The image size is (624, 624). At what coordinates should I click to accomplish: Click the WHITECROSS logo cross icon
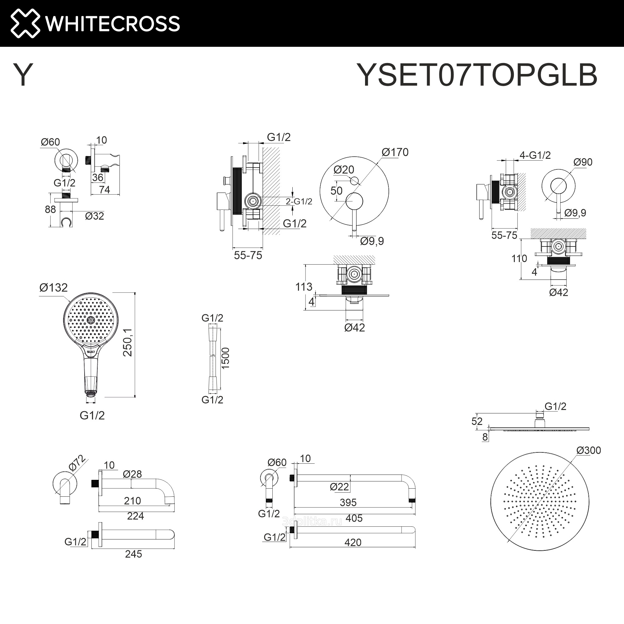click(x=25, y=23)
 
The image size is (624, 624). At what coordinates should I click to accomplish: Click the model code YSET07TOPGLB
click(x=477, y=75)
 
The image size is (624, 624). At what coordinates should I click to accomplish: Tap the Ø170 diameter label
click(x=395, y=152)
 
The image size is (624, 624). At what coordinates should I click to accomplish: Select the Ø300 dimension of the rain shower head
click(x=588, y=450)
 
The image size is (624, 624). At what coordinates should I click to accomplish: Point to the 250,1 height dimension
click(x=128, y=342)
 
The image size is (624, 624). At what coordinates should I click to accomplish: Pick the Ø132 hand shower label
click(x=53, y=287)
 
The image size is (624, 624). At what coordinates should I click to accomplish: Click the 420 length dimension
click(x=353, y=542)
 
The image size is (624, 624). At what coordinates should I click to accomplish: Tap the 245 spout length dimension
click(x=134, y=554)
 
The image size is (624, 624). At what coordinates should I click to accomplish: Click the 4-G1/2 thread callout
click(x=535, y=155)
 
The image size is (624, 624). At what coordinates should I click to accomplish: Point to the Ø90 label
click(x=583, y=162)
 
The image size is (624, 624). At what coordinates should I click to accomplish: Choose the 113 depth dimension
click(x=304, y=287)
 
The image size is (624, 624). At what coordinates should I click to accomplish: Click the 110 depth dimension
click(x=519, y=258)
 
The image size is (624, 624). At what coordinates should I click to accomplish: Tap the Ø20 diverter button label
click(x=344, y=169)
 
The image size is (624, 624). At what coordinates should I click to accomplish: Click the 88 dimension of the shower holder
click(x=50, y=210)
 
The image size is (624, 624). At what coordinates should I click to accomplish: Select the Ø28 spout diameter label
click(x=132, y=474)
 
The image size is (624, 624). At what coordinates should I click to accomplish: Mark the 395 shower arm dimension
click(x=348, y=503)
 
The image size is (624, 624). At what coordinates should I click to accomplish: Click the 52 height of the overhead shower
click(x=477, y=421)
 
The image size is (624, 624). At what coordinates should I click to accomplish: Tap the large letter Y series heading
click(x=23, y=75)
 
